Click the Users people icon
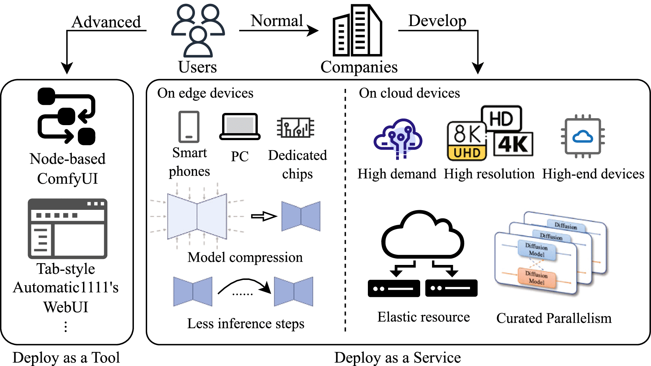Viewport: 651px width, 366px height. tap(198, 30)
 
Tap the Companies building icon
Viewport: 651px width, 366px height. tap(357, 31)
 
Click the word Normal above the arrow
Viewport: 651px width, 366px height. tap(277, 21)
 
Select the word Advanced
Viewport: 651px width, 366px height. tap(106, 22)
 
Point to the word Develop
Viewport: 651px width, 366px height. tap(437, 21)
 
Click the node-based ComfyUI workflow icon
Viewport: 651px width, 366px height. tap(67, 116)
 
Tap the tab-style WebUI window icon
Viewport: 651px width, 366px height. tap(68, 229)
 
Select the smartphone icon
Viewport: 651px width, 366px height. tap(189, 127)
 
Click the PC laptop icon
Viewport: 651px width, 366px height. tap(240, 127)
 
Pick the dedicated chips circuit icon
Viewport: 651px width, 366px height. tap(296, 128)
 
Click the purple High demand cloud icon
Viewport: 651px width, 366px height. tap(398, 139)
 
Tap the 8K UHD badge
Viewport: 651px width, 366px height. tap(467, 142)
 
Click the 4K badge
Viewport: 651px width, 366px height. tap(513, 144)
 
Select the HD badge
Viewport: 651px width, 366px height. tap(501, 119)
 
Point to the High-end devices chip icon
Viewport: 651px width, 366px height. tap(583, 136)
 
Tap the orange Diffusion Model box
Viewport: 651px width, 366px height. tap(536, 278)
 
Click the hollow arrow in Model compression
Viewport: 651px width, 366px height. tap(264, 216)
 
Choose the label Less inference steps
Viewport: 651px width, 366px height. tap(245, 323)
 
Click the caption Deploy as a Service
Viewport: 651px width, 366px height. tap(398, 358)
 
